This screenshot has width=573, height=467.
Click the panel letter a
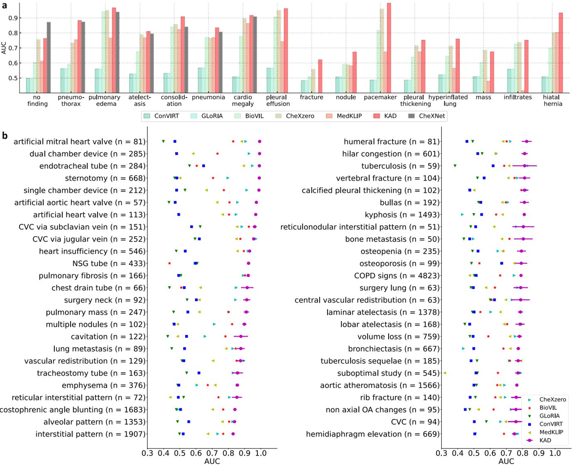[x=5, y=6]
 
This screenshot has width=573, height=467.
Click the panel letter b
[x=5, y=136]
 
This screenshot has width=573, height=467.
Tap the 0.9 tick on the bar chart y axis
[x=13, y=18]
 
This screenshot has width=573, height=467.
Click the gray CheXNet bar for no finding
[x=49, y=57]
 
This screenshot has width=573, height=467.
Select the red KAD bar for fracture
[x=320, y=76]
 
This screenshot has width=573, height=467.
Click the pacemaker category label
[x=380, y=97]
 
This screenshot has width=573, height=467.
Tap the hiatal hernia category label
[x=553, y=100]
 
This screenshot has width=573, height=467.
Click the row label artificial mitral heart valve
[x=79, y=142]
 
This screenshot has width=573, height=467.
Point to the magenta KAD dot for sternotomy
[x=260, y=178]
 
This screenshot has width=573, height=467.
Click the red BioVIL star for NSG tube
[x=169, y=264]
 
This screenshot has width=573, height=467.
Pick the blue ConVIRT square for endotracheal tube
[x=203, y=166]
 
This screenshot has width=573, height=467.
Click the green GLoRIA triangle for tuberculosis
[x=455, y=166]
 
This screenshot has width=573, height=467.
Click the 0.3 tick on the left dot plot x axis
[x=147, y=453]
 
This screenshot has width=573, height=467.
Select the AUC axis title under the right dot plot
[x=506, y=461]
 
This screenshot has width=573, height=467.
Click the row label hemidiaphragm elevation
[x=372, y=434]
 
